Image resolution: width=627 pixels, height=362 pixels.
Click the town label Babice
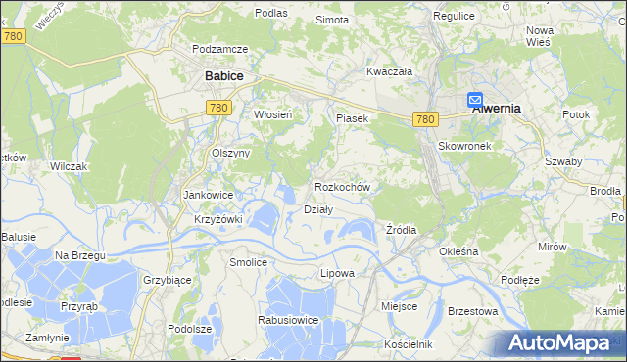223,74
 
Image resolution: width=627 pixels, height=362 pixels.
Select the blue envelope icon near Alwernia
475,100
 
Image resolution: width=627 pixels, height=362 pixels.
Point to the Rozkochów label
342,186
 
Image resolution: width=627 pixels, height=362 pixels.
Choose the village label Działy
318,208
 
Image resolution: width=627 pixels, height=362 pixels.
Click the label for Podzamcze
220,49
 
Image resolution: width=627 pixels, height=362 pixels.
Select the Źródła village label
401,230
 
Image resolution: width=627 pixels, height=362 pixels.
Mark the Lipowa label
337,273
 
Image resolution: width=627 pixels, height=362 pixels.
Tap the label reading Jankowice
208,195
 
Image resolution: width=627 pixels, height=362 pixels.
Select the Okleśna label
458,251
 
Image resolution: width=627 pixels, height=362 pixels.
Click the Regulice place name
454,17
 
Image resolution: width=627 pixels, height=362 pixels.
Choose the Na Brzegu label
79,255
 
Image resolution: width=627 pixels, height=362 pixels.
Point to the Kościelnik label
409,344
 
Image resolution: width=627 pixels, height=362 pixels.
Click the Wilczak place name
69,166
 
